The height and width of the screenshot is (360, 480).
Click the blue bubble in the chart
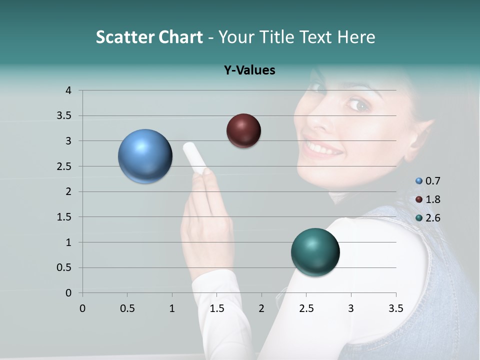(x=145, y=156)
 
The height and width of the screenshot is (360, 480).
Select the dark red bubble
(x=243, y=130)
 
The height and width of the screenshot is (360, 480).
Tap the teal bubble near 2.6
(x=315, y=252)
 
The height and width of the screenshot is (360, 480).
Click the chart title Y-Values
(x=249, y=70)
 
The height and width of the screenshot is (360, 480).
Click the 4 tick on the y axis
(x=68, y=90)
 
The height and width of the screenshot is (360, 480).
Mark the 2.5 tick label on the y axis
(x=64, y=166)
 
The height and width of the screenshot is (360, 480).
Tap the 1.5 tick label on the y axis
(x=64, y=216)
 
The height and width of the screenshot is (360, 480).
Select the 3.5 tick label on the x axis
(x=396, y=308)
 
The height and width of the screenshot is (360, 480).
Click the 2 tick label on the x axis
(x=261, y=308)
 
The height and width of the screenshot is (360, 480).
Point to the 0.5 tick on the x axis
(x=127, y=308)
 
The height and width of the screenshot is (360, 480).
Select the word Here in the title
(x=356, y=37)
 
